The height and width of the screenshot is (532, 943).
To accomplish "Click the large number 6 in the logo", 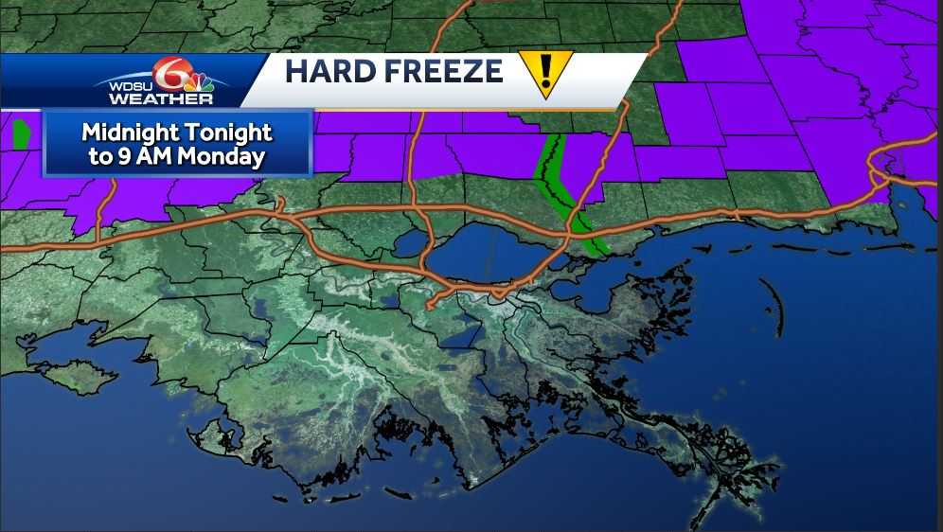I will point(169,72).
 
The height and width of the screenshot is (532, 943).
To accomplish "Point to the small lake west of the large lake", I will point(410,242).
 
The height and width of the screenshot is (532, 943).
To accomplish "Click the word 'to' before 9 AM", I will point(98,157).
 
